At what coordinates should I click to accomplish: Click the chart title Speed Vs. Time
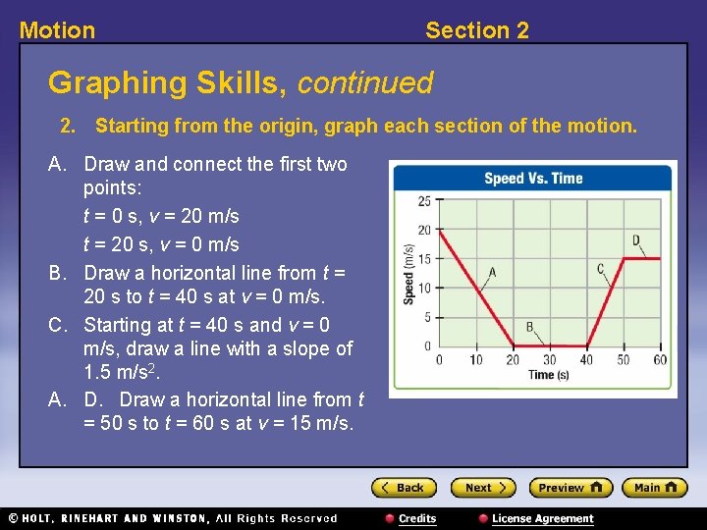point(533,179)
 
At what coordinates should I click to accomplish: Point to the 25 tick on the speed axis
point(424,201)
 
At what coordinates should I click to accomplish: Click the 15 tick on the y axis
point(424,259)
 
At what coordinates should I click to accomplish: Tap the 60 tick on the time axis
point(660,360)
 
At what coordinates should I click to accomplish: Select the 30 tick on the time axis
point(549,360)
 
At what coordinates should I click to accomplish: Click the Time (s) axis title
point(548,375)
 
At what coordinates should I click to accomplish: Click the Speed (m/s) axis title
point(408,274)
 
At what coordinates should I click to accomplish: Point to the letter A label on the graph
point(491,272)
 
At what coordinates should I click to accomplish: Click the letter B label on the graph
point(529,327)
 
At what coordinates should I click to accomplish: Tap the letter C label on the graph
point(601,269)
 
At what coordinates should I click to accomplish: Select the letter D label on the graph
point(636,240)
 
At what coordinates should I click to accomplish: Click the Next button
point(482,488)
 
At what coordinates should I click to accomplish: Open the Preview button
point(570,488)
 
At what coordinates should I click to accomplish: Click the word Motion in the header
point(58,30)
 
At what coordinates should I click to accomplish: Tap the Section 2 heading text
point(476,30)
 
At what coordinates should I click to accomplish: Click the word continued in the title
point(364,83)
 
